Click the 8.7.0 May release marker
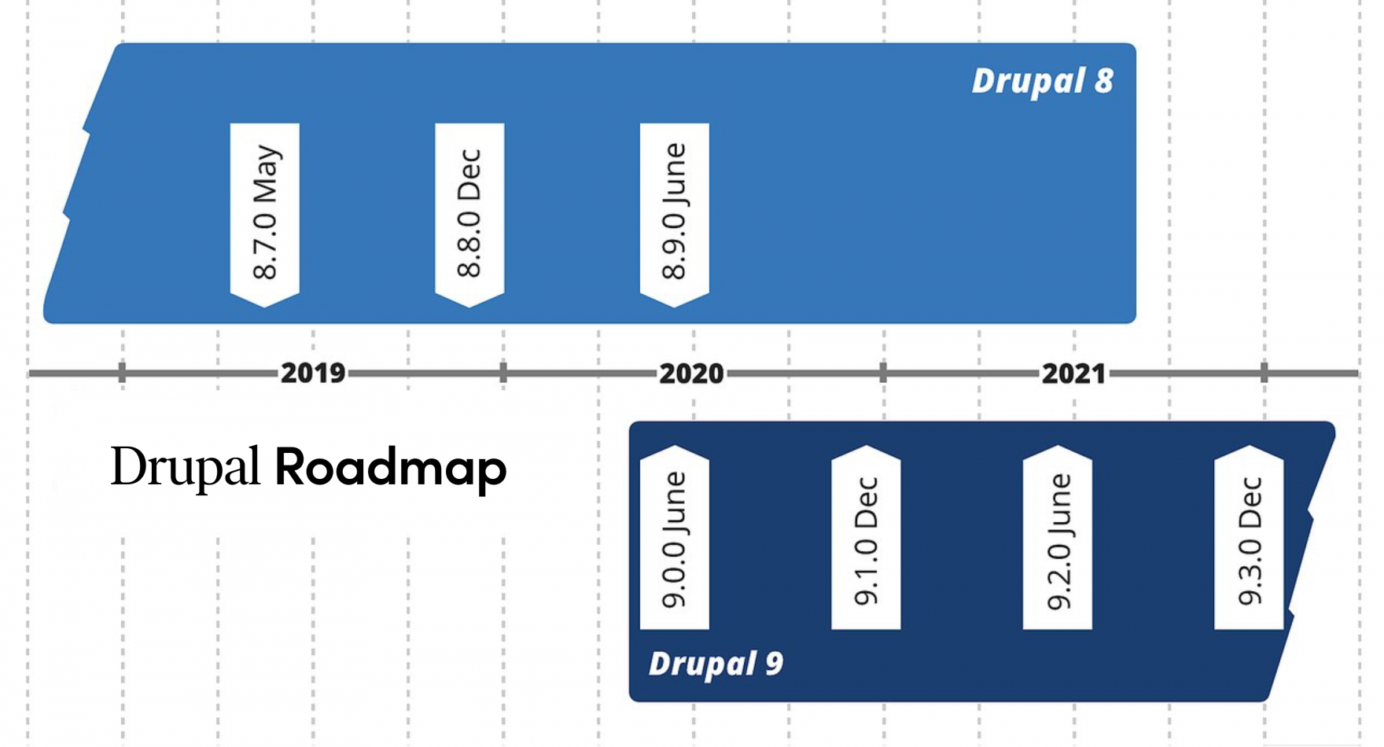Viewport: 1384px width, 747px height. [265, 212]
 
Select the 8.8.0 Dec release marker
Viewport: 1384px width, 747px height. [469, 212]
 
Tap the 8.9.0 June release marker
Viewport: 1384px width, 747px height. [675, 212]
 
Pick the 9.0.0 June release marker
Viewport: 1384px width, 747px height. [675, 539]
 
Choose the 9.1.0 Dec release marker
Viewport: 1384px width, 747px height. [866, 539]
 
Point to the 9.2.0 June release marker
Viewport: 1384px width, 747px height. [1058, 539]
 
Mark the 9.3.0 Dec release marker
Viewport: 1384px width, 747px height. [1249, 539]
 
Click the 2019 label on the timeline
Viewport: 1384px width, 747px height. [313, 373]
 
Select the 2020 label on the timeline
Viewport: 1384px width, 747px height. [691, 373]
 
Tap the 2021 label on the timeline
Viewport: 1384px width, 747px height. [1073, 373]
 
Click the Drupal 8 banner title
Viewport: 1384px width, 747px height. [1042, 81]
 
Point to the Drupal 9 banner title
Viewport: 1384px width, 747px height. [716, 664]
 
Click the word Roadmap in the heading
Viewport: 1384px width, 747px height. [391, 467]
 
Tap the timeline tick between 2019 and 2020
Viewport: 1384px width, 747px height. [503, 373]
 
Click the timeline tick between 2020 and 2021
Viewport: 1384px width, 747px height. [883, 373]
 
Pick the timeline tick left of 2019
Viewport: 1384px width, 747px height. [122, 373]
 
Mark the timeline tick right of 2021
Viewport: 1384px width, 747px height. [1264, 373]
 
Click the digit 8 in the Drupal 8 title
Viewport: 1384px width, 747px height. [1104, 81]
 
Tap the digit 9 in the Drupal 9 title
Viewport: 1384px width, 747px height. [774, 664]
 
